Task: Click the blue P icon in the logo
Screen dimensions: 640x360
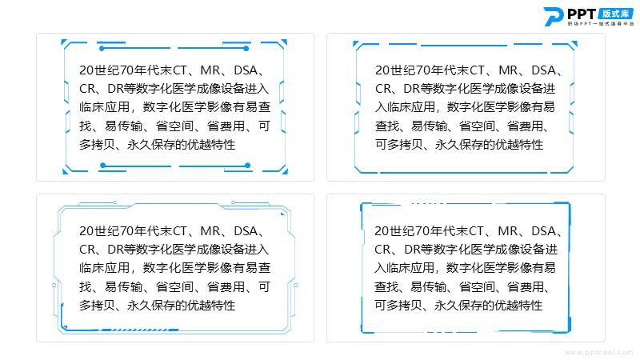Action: coord(554,17)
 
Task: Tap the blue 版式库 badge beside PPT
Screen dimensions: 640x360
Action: coord(615,14)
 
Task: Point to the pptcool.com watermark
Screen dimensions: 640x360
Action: coord(598,352)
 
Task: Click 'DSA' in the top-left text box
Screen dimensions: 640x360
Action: coord(246,70)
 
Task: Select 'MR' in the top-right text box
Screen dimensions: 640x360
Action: coord(508,70)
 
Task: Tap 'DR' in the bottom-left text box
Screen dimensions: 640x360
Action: coord(115,249)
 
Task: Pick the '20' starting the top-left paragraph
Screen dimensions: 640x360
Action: coord(86,70)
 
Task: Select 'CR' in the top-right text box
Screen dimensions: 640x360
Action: coord(383,89)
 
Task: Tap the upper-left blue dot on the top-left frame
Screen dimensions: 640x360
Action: coord(102,49)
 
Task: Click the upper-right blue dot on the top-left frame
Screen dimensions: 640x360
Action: coord(246,49)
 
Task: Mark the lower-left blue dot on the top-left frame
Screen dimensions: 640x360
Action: coord(103,166)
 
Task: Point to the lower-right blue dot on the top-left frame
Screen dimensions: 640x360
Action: coord(248,166)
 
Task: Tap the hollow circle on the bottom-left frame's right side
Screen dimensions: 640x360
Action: coord(295,286)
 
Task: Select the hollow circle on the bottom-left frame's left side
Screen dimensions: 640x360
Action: coord(54,286)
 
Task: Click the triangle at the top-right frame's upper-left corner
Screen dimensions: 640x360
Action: coord(355,43)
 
